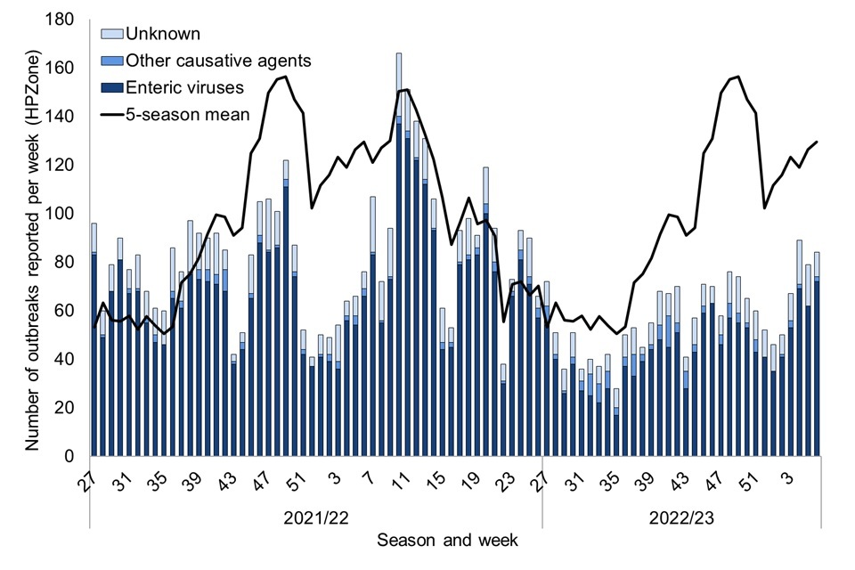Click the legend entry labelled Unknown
pyautogui.click(x=164, y=35)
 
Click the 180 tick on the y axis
pyautogui.click(x=65, y=20)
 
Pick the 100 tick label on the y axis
pyautogui.click(x=65, y=214)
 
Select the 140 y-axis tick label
pyautogui.click(x=65, y=117)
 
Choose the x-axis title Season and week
pyautogui.click(x=446, y=540)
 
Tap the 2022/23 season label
pyautogui.click(x=681, y=516)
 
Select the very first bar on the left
pyautogui.click(x=94, y=339)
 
